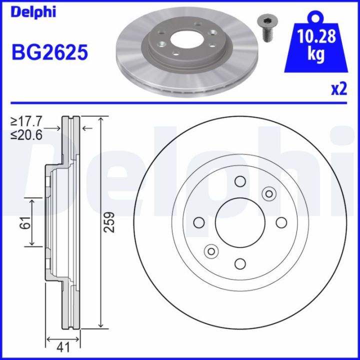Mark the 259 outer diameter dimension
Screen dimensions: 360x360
point(111,222)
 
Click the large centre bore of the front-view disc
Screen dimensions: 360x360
point(239,222)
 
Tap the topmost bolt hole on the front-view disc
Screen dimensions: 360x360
point(239,181)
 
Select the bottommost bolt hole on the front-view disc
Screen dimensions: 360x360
point(239,263)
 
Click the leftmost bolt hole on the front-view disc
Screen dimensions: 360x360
point(198,222)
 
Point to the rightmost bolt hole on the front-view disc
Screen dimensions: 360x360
point(281,222)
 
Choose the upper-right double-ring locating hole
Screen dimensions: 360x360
point(269,193)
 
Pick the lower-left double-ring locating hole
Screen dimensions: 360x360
point(210,251)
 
